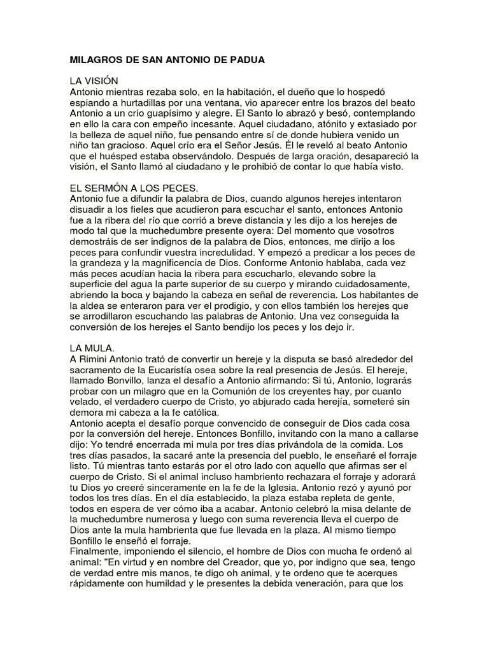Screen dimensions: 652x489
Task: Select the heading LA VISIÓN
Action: (93, 82)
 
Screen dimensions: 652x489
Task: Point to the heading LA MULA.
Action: (92, 349)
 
